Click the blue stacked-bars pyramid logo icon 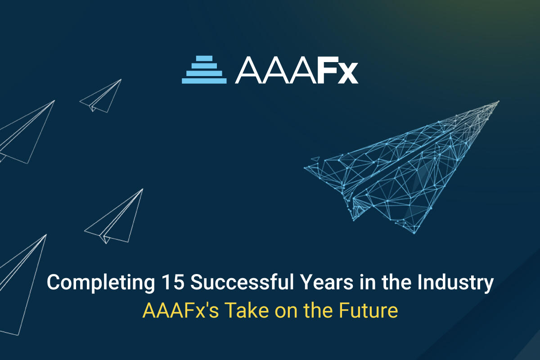[x=204, y=70]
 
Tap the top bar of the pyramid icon [x=204, y=58]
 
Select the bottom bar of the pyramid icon [x=204, y=81]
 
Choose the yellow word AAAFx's [x=181, y=310]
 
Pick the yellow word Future [x=369, y=310]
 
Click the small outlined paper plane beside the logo [x=100, y=96]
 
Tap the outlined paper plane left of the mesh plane [x=114, y=216]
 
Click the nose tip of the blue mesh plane [x=499, y=101]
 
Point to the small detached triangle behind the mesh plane [x=315, y=159]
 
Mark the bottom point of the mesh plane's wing [x=414, y=233]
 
